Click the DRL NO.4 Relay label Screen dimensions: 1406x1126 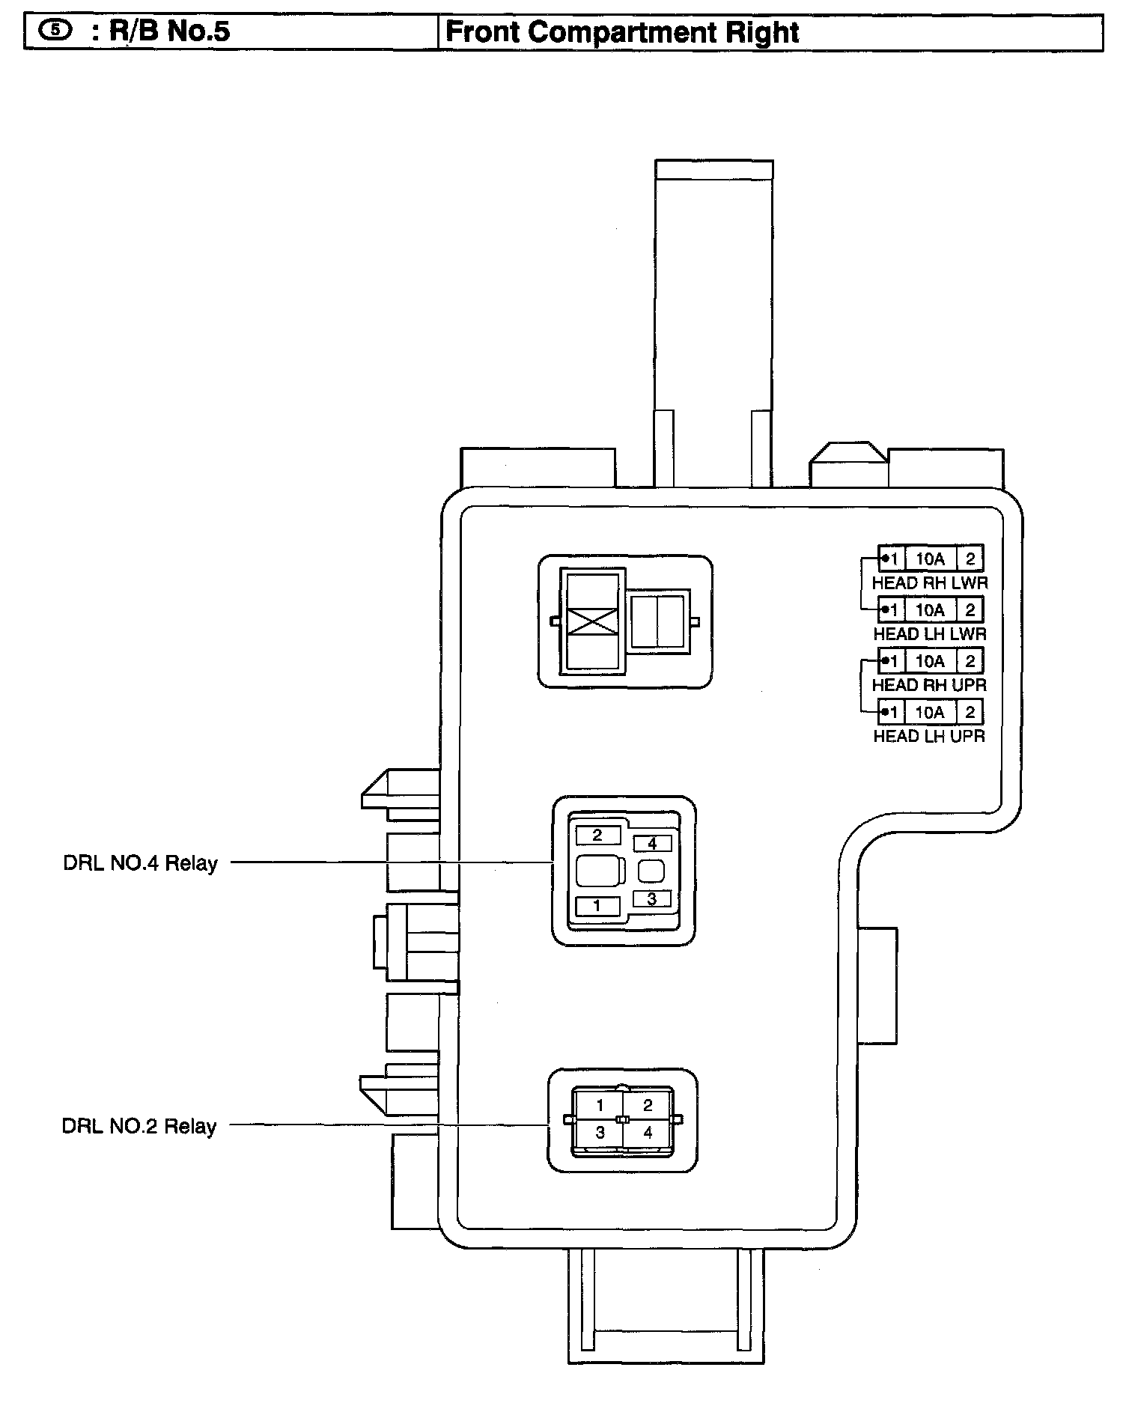coord(140,863)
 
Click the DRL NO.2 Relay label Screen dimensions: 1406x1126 coord(139,1127)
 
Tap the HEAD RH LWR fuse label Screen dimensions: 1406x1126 coord(929,582)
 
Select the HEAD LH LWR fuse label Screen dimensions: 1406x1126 coord(929,633)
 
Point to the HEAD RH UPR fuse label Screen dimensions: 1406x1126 coord(929,684)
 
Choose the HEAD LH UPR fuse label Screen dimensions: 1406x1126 coord(929,736)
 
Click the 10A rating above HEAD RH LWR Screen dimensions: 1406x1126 coord(930,559)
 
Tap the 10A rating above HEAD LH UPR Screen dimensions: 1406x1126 coord(930,712)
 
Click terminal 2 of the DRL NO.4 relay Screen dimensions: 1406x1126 coord(597,835)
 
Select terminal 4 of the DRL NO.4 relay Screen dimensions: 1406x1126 coord(651,844)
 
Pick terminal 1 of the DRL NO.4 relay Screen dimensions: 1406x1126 coord(597,906)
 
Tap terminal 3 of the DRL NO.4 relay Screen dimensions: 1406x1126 coord(651,898)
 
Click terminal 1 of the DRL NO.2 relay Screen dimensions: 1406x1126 coord(600,1105)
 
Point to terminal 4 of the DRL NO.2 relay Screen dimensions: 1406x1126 coord(648,1133)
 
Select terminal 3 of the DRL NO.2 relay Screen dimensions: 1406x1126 coord(600,1133)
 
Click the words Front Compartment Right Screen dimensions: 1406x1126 coord(622,33)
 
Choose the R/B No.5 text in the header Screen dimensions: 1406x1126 coord(169,32)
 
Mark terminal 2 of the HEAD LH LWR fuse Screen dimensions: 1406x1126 coord(970,610)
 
